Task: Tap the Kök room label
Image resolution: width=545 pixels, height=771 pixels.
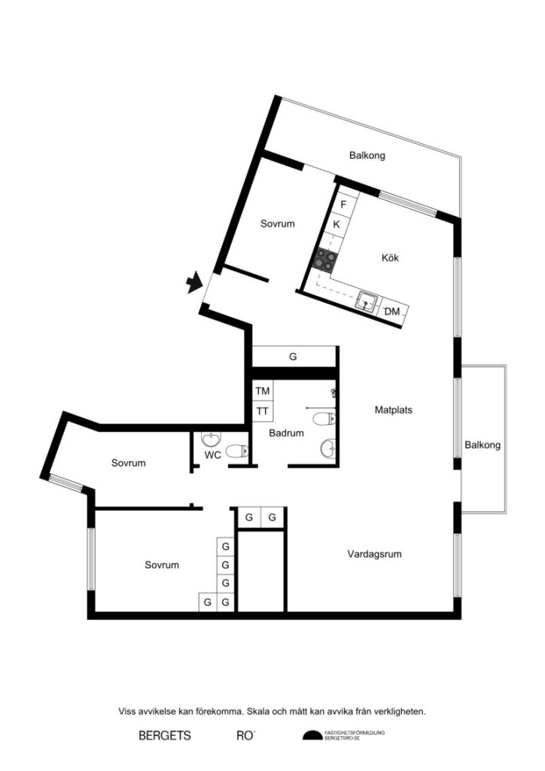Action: tap(390, 258)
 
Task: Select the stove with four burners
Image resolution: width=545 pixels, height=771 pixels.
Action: tap(326, 260)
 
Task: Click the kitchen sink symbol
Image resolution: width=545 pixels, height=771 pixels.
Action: tap(367, 301)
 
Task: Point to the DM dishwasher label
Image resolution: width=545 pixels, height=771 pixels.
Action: tap(392, 312)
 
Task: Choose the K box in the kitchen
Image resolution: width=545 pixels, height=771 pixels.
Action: tap(336, 224)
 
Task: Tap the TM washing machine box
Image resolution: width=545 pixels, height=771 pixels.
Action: tap(262, 392)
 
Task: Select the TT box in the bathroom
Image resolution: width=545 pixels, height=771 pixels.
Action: tap(262, 411)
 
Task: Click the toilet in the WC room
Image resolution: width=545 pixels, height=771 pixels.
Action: tap(237, 452)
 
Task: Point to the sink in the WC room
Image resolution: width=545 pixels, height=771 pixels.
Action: tap(210, 439)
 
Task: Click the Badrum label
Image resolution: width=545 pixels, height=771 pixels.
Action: tap(286, 433)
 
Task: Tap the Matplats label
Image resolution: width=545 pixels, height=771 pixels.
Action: tap(394, 410)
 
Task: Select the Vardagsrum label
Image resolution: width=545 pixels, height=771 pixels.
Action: tap(374, 554)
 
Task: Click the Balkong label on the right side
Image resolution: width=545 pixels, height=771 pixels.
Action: tap(483, 445)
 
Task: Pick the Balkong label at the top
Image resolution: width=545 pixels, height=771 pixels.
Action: tap(367, 156)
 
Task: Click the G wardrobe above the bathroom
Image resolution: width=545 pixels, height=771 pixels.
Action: tap(293, 357)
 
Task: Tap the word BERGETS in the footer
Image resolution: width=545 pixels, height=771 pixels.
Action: tap(165, 736)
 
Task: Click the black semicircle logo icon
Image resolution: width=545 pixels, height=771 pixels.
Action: tap(312, 736)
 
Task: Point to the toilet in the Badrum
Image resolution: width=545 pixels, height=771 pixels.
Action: tap(328, 419)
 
